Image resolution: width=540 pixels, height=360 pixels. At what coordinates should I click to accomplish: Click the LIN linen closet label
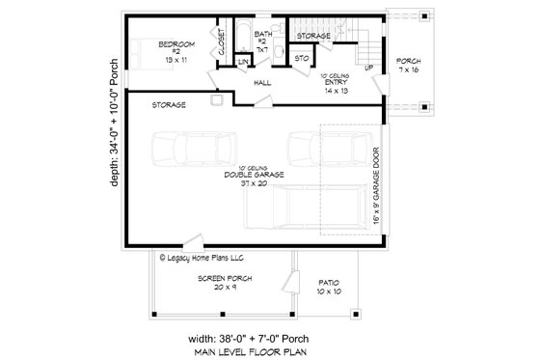tap(243, 61)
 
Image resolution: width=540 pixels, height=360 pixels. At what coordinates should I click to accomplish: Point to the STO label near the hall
tap(301, 58)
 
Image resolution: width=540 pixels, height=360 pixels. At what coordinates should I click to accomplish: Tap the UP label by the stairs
tap(368, 68)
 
